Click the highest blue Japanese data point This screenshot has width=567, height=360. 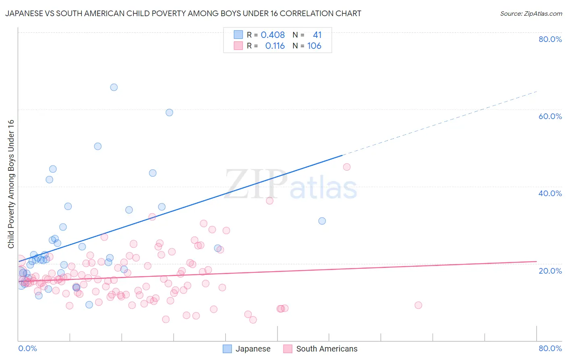point(114,87)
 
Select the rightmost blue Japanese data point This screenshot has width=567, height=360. point(322,221)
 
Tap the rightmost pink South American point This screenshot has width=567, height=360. point(418,305)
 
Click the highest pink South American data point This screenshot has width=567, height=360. point(346,167)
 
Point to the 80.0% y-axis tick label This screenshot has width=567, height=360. point(550,39)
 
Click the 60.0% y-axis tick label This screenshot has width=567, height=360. point(550,116)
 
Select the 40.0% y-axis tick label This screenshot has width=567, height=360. point(550,193)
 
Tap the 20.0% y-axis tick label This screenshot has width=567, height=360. point(550,271)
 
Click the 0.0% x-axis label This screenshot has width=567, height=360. point(27,348)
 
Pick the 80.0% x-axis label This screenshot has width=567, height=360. point(550,348)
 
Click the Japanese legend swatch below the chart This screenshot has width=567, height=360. point(227,349)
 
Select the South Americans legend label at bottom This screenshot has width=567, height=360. point(327,349)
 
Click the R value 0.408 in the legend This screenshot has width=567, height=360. point(273,35)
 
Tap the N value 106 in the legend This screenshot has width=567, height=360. point(314,46)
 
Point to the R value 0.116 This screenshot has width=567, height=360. point(275,46)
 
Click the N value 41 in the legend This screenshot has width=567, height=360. point(317,35)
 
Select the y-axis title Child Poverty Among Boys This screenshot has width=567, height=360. point(11,184)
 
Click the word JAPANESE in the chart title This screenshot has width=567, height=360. point(24,13)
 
